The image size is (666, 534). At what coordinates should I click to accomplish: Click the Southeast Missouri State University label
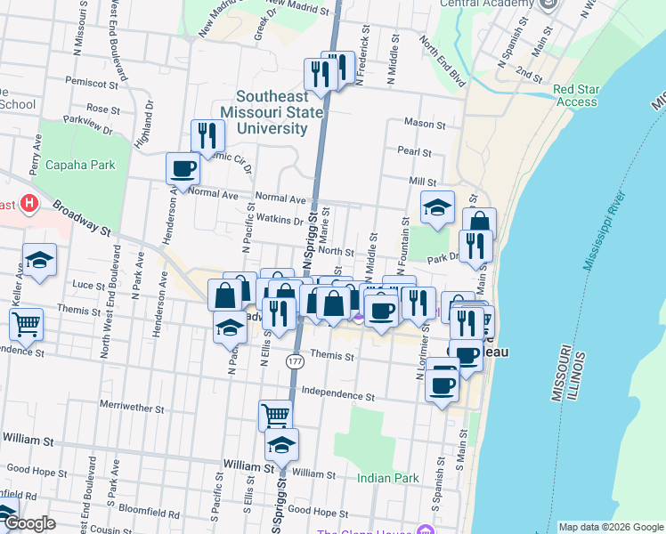coord(272,112)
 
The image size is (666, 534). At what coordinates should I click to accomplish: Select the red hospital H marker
coord(29,204)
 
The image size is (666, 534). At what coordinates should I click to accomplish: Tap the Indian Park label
coord(388,478)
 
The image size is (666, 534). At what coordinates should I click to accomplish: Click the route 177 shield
coord(296,362)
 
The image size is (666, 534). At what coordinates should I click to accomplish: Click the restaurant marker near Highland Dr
coord(207,135)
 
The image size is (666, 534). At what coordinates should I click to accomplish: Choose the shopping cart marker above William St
coord(276,414)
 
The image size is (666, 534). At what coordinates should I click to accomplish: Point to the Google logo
coord(28,524)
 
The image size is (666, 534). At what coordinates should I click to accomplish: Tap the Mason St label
coord(424,123)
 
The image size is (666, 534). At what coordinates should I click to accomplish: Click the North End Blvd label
coord(443,61)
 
